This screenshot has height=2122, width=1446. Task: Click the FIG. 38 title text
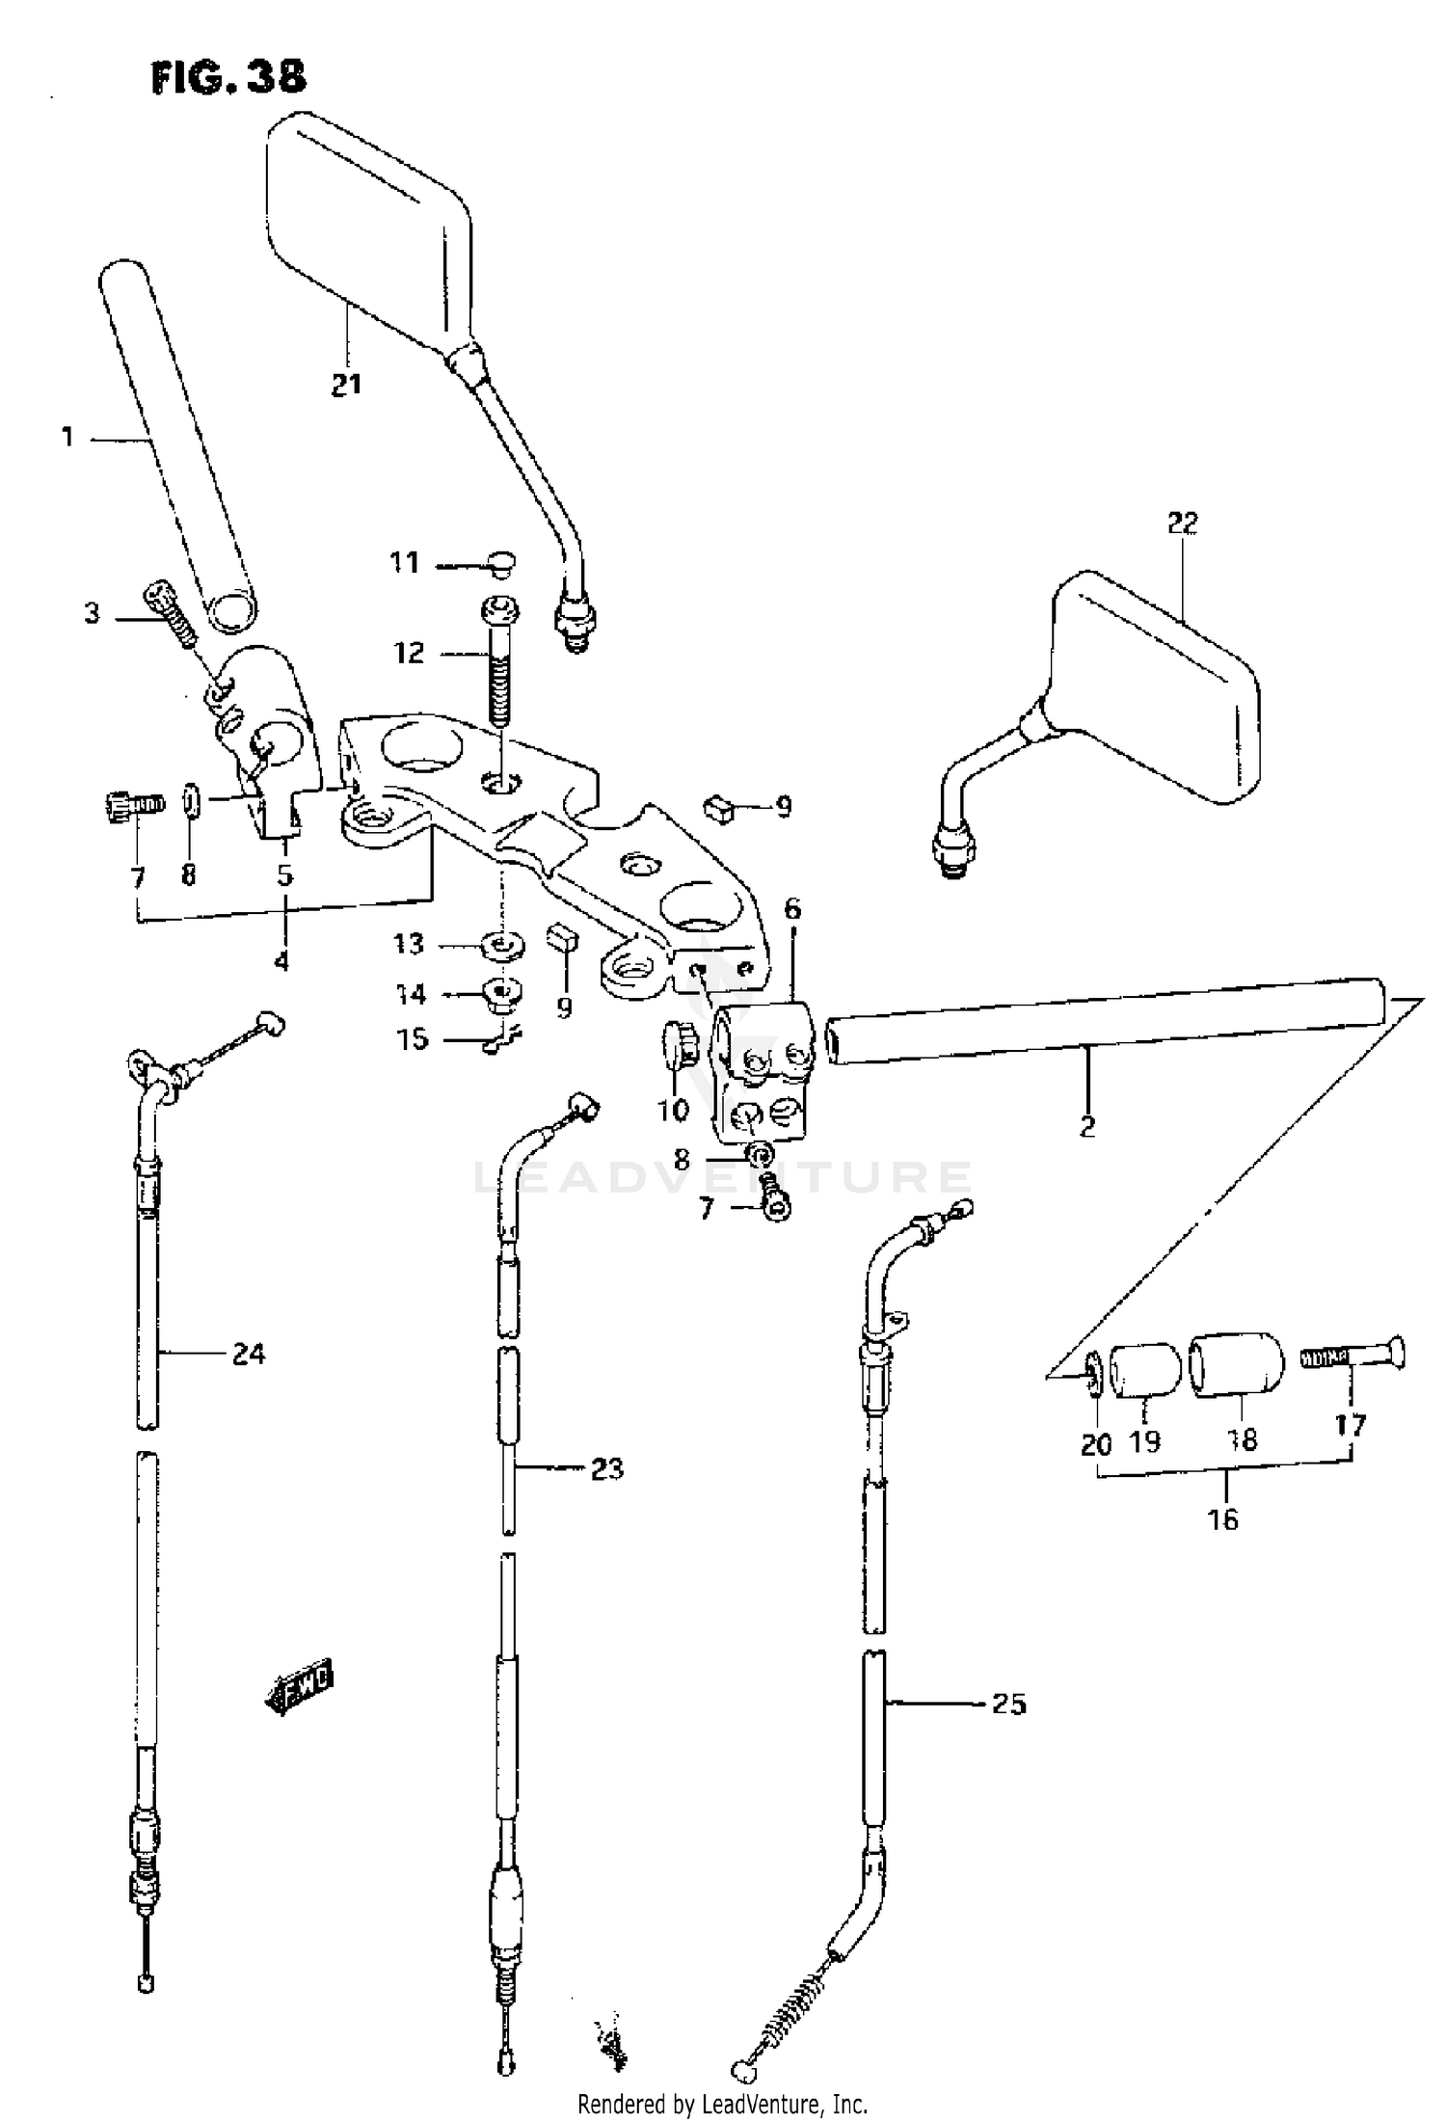tap(228, 76)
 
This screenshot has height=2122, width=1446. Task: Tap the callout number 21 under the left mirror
tap(346, 385)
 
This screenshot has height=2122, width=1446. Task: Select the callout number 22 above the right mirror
tap(1182, 524)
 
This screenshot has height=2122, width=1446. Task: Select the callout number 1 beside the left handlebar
tap(67, 438)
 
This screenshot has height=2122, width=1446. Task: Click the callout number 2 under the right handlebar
tap(1087, 1125)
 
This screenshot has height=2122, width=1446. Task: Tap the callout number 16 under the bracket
tap(1222, 1520)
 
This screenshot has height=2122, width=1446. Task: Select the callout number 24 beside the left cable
tap(248, 1355)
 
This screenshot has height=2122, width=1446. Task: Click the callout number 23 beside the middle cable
tap(606, 1469)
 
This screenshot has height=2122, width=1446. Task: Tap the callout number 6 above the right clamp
tap(791, 909)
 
